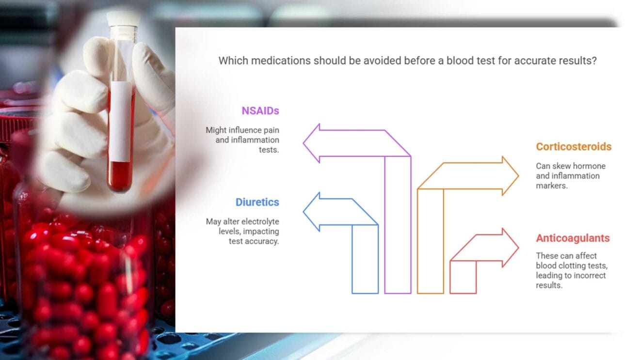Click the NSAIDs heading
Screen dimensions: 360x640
tap(260, 111)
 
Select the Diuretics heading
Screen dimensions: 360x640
tap(257, 203)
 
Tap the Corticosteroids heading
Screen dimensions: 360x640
tap(574, 147)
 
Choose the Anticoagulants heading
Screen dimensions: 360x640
tap(573, 238)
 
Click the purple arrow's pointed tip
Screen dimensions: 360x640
tap(304, 143)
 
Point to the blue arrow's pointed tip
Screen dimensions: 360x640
tap(304, 212)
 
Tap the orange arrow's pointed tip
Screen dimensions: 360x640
tap(518, 176)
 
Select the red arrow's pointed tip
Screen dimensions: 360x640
tap(518, 248)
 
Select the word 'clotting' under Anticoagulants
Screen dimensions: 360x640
tap(577, 266)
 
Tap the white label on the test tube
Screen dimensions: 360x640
tap(120, 121)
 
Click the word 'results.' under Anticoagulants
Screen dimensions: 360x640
tap(549, 285)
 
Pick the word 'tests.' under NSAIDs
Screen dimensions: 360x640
tap(269, 149)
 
